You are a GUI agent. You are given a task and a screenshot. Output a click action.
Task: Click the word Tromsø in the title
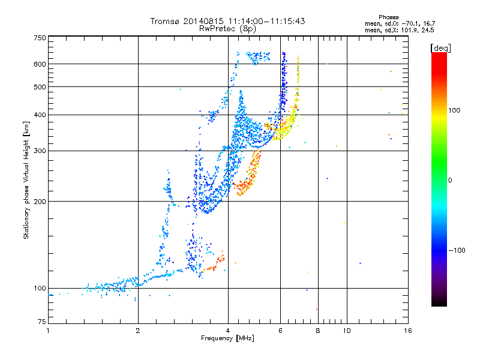[166, 21]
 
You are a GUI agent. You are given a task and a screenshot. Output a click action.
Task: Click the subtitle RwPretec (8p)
[227, 29]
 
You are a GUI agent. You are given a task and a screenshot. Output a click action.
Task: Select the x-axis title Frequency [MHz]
[227, 338]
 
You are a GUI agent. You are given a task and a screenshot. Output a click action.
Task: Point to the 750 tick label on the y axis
[40, 38]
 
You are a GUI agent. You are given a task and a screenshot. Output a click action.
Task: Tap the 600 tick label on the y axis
[40, 64]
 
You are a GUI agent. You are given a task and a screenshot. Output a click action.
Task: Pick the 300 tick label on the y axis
[40, 151]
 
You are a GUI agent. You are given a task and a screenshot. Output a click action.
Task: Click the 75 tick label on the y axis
[42, 322]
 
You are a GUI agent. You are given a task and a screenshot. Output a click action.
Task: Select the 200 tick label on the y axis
[40, 202]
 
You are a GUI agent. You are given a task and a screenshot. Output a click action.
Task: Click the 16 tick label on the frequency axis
[408, 331]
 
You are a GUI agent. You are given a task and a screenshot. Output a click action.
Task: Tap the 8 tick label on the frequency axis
[318, 331]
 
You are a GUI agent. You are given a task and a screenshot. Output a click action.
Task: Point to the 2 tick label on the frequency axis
[138, 331]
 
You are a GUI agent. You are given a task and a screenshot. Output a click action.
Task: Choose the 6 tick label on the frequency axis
[280, 331]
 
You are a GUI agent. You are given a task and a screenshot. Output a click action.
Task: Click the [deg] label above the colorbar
[440, 48]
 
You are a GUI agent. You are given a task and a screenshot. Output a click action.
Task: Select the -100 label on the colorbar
[457, 250]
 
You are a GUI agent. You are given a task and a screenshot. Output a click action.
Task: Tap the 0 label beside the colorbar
[450, 181]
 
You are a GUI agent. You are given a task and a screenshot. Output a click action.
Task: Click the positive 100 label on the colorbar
[454, 110]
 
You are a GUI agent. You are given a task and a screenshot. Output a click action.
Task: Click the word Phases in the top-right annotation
[388, 17]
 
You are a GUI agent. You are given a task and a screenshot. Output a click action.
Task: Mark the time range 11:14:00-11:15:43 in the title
[266, 21]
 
